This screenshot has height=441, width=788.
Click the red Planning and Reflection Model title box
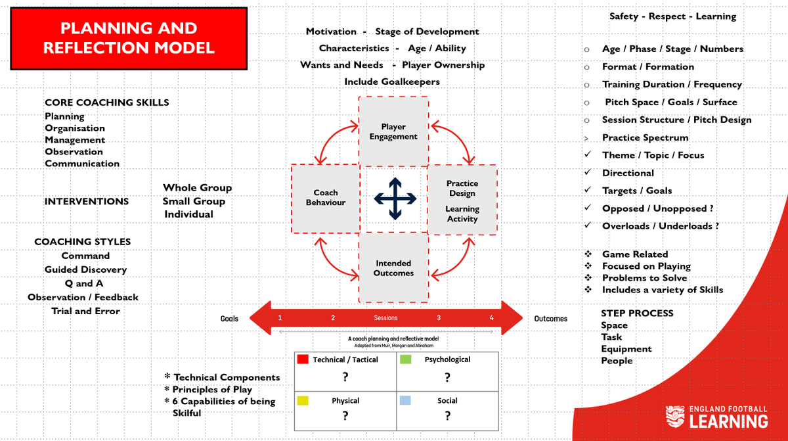click(128, 38)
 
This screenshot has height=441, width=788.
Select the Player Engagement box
click(393, 131)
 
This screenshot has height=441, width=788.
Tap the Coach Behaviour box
click(325, 198)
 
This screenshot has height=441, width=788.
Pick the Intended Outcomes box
click(393, 268)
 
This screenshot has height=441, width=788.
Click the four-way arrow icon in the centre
click(394, 198)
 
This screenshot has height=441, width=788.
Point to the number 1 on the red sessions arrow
click(280, 318)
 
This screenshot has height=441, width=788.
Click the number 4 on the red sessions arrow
click(491, 318)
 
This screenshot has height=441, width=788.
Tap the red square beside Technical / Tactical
click(303, 360)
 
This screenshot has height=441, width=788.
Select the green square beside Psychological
click(405, 360)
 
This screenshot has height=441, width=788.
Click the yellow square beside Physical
click(303, 400)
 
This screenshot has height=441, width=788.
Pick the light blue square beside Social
click(405, 400)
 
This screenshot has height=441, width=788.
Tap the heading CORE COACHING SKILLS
click(107, 103)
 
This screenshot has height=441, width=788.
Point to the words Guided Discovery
click(85, 269)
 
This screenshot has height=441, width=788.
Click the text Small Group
click(194, 201)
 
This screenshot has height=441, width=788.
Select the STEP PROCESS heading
click(637, 313)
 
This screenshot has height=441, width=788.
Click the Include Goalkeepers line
click(392, 82)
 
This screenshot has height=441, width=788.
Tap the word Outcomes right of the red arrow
click(550, 319)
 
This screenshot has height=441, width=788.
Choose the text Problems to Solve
click(644, 278)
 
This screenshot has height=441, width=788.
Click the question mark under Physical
click(345, 416)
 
